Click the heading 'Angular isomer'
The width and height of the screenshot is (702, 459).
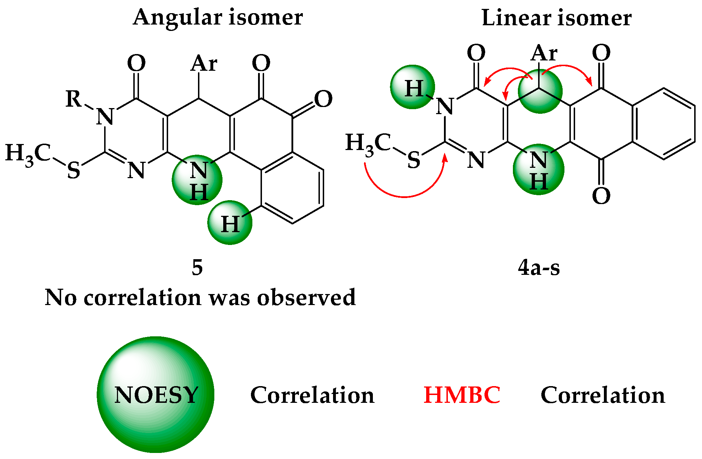(x=218, y=18)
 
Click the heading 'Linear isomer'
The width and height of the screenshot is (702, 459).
(x=556, y=18)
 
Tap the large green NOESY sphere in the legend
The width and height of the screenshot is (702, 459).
(x=156, y=394)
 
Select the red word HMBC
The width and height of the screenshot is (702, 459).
(x=462, y=395)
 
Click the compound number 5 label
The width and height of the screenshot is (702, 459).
(x=197, y=267)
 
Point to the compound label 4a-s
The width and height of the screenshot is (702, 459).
(x=538, y=267)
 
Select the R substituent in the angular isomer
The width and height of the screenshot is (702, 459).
(x=74, y=98)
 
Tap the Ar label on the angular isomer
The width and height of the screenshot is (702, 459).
(x=204, y=64)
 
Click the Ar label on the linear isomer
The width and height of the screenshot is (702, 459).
(x=544, y=53)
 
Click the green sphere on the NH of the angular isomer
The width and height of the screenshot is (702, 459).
(x=197, y=180)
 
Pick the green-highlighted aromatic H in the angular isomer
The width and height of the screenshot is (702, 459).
(x=230, y=223)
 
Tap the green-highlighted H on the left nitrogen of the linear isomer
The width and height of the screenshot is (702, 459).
(x=412, y=87)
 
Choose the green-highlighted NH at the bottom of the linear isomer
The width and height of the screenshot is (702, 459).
(x=538, y=170)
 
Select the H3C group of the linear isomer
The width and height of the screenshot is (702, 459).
(x=368, y=144)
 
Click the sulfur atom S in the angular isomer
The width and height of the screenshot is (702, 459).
(x=74, y=170)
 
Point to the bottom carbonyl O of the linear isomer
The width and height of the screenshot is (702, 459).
(x=601, y=196)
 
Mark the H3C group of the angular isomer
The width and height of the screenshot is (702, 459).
(x=28, y=154)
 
